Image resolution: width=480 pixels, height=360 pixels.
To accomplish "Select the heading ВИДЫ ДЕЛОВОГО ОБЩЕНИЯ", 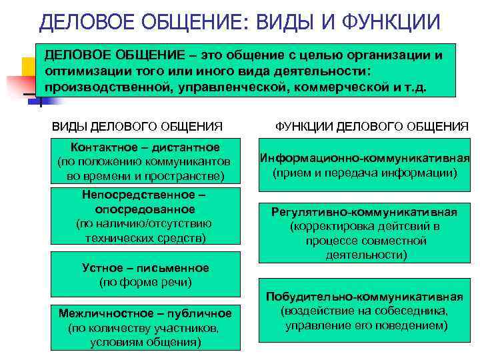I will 137,125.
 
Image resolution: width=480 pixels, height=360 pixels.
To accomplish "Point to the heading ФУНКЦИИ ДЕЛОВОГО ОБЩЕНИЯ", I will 372,125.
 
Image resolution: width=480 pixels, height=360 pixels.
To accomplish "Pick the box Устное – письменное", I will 145,275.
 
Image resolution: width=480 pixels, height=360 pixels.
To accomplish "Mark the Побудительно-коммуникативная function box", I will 365,311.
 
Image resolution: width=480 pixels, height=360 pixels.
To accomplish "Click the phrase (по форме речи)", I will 145,282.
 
